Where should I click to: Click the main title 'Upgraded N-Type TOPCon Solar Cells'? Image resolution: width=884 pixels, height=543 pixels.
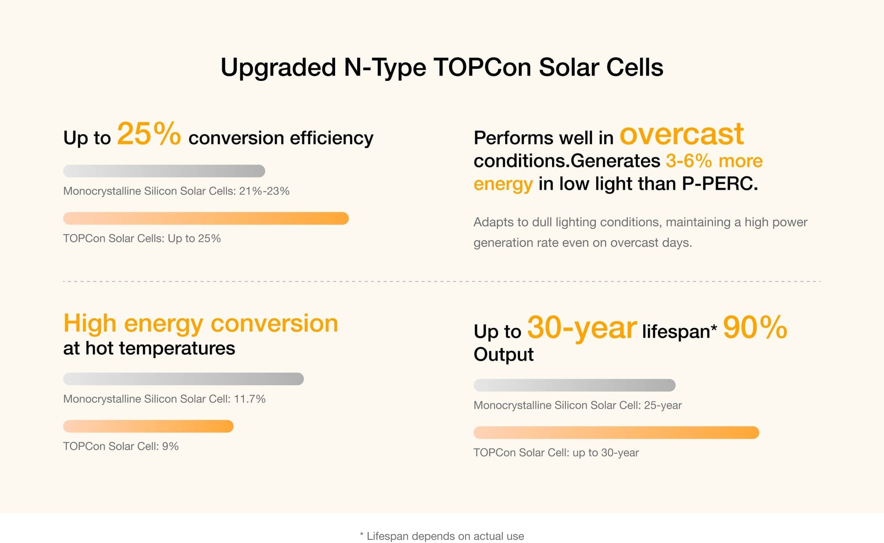tap(442, 68)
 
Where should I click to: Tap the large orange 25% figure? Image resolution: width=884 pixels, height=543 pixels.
tap(149, 134)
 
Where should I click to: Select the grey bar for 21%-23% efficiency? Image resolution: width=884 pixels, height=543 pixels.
tap(164, 171)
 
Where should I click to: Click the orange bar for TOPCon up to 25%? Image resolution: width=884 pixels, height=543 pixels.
tap(206, 218)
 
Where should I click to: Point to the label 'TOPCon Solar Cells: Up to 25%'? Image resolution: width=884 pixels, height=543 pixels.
tap(142, 239)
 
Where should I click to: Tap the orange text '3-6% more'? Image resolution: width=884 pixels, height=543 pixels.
tap(714, 161)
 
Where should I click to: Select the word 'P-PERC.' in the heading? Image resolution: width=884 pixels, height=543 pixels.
tap(720, 184)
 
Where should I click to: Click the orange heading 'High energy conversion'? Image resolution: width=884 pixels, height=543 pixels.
tap(201, 323)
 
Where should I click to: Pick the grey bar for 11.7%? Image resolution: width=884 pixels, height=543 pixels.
tap(183, 379)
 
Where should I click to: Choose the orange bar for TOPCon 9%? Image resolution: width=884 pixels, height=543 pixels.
tap(148, 426)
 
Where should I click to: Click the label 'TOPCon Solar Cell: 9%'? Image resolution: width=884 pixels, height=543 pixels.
tap(121, 446)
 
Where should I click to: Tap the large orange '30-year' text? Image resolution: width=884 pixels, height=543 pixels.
tap(582, 328)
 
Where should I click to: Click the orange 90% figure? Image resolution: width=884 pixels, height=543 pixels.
tap(755, 328)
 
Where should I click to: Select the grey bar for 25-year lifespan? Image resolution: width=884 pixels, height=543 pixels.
tap(574, 385)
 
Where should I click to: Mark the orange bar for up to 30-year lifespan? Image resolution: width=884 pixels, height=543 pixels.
tap(616, 433)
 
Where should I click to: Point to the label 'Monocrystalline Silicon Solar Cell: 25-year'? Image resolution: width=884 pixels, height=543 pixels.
tap(577, 405)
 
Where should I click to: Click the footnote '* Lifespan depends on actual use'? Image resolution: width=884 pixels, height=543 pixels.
tap(442, 536)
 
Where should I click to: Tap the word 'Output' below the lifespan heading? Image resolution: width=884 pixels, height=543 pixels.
tap(503, 354)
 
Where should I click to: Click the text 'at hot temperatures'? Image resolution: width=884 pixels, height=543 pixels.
tap(149, 348)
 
